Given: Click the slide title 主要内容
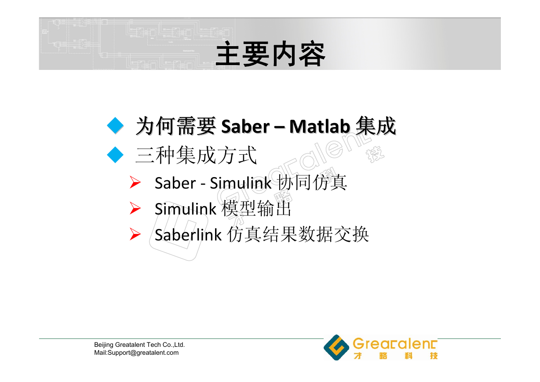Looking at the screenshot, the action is (x=270, y=54).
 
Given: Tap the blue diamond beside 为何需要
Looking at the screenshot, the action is (x=115, y=126).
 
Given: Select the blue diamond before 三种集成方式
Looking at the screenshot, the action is (x=115, y=155).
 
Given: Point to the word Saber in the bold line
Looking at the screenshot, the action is (x=245, y=126).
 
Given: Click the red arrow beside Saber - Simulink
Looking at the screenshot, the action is (x=135, y=182).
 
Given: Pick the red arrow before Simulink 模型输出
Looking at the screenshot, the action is (x=135, y=208).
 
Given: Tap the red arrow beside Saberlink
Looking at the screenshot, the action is (x=135, y=234).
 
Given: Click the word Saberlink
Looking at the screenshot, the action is (x=188, y=234).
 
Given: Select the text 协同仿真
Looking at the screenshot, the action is (x=312, y=182).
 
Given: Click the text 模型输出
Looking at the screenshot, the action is (x=256, y=208).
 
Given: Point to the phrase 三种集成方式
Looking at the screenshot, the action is (x=196, y=155).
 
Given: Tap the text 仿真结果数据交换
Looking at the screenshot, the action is (x=298, y=234).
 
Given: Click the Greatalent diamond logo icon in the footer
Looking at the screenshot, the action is (x=336, y=347).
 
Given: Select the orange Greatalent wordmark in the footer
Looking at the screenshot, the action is (x=395, y=343).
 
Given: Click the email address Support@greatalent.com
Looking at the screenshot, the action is (x=143, y=353).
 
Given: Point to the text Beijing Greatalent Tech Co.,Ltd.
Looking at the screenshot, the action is (x=139, y=345).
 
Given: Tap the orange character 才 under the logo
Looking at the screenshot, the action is (x=358, y=356).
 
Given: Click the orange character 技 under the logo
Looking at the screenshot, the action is (x=434, y=356).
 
